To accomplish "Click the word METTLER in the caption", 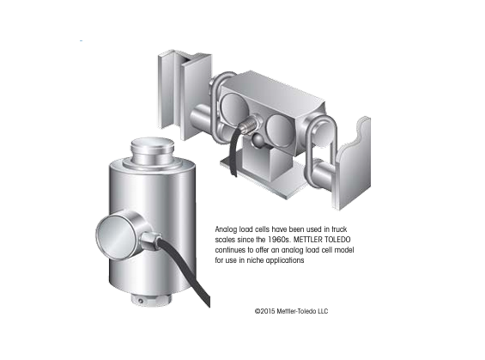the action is point(307,240).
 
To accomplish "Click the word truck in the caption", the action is point(339,229).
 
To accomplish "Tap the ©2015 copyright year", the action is point(264,311).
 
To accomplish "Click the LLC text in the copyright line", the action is point(323,311).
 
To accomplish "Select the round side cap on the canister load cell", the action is point(116,234).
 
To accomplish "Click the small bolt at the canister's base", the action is point(141,301).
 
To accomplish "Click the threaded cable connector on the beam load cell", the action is point(252,124).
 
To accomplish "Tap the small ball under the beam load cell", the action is point(258,140).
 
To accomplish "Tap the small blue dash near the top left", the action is point(81,40).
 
